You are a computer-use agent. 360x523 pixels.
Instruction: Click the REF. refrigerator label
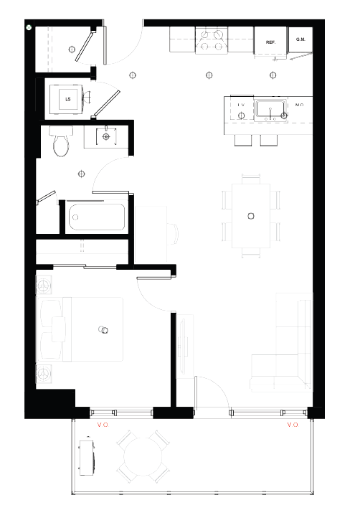[271, 42]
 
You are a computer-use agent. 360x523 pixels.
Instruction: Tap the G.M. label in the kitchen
[300, 40]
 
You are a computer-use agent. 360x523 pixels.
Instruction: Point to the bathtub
[95, 218]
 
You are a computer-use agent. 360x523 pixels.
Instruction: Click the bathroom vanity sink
[107, 136]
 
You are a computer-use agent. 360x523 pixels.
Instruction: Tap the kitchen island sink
[273, 111]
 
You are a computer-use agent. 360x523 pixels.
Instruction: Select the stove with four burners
[211, 40]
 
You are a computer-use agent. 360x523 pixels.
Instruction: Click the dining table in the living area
[250, 215]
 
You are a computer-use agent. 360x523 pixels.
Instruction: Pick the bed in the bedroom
[93, 329]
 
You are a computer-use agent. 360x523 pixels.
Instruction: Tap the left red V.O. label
[103, 425]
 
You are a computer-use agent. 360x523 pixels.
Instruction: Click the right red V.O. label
[292, 425]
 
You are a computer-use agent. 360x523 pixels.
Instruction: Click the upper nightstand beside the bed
[44, 285]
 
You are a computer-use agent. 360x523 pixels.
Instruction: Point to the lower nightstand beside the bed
[44, 373]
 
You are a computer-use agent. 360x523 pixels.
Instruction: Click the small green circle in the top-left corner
[29, 27]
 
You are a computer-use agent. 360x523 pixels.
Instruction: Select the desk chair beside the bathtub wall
[172, 234]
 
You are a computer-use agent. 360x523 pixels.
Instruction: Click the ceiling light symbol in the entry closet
[72, 48]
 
